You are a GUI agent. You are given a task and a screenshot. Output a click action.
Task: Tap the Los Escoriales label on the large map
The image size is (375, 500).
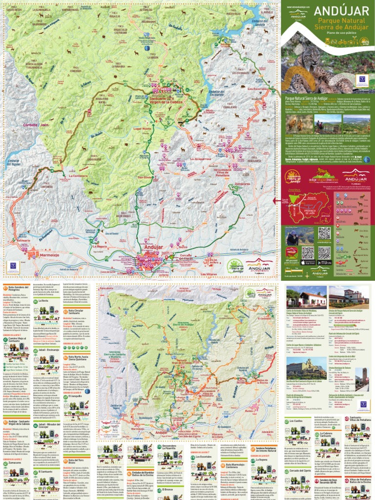click(x=257, y=89)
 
